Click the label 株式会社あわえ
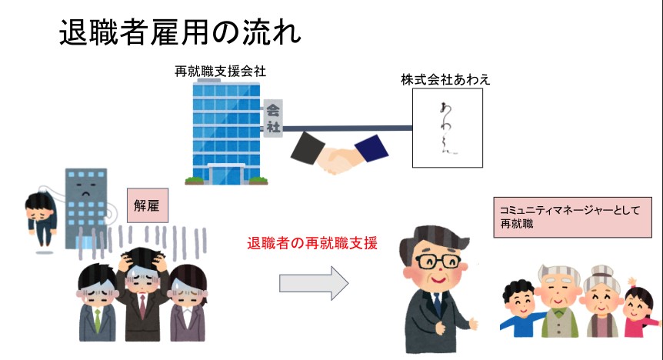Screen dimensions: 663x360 [445, 78]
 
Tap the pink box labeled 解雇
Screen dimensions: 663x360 [146, 207]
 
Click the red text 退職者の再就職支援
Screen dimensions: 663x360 [312, 243]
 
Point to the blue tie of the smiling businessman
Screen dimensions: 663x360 [437, 305]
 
